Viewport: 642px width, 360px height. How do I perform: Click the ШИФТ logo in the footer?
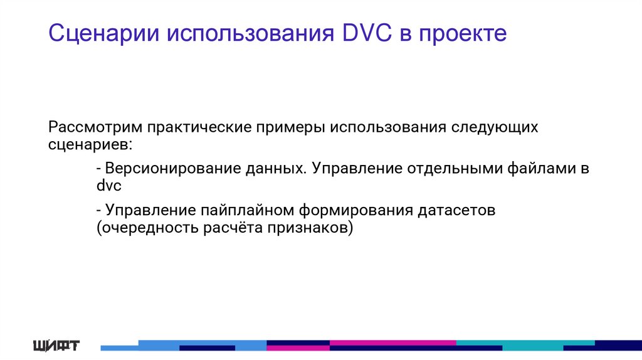tap(56, 345)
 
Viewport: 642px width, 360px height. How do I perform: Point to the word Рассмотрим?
tap(95, 127)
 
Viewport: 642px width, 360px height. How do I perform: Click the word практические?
tap(198, 127)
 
